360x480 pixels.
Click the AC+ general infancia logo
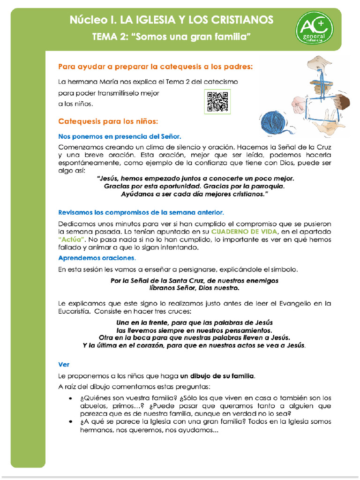pos(314,28)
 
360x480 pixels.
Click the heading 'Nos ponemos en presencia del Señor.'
pos(120,136)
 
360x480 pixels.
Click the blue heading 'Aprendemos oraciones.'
pos(97,258)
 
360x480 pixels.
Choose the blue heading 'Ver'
pos(64,364)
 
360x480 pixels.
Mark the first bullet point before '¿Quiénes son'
pos(70,398)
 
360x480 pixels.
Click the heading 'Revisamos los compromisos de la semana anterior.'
pos(141,212)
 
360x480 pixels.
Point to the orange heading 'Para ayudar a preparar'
pos(155,67)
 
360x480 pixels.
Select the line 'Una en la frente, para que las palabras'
pos(194,322)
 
